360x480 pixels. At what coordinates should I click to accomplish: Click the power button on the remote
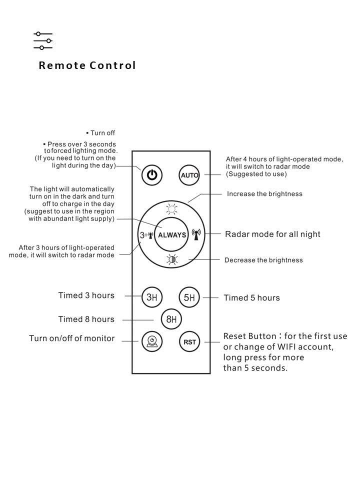[152, 175]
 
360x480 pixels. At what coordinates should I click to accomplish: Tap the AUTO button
[189, 175]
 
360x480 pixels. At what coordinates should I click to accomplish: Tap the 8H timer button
[171, 319]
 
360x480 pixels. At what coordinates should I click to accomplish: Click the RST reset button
[189, 342]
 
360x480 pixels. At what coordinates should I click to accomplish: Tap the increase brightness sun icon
[171, 210]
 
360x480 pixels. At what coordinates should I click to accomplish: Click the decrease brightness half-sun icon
[171, 259]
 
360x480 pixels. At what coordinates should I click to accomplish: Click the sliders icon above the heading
[43, 40]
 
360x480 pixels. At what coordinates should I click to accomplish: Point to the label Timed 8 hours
[86, 319]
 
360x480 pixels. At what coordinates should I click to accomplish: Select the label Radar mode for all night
[272, 234]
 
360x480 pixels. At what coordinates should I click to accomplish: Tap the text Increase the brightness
[264, 193]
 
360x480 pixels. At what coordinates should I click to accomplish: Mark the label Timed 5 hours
[251, 298]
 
